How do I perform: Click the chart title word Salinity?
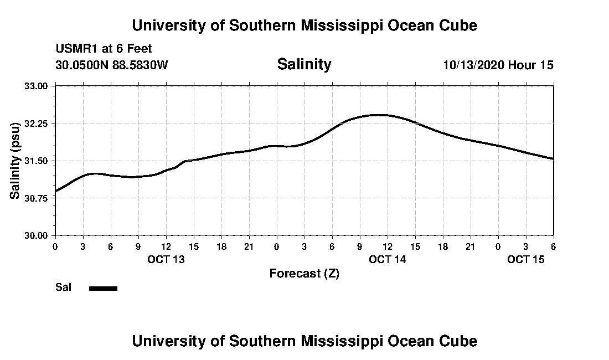304,64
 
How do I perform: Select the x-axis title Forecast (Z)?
304,273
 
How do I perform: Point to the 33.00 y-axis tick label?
37,86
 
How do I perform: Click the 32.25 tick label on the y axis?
37,123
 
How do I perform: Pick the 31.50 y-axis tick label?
37,161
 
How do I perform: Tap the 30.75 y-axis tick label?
37,198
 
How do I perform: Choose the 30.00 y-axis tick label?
37,235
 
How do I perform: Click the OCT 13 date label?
166,259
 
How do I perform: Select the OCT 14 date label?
388,259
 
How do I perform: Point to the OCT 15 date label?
526,259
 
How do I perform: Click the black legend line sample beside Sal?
104,288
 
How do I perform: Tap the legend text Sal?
63,287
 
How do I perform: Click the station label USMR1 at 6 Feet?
104,49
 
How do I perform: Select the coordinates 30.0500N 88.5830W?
111,65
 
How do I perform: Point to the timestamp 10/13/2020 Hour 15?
498,65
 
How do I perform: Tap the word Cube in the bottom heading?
461,341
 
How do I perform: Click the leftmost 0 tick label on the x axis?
55,246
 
